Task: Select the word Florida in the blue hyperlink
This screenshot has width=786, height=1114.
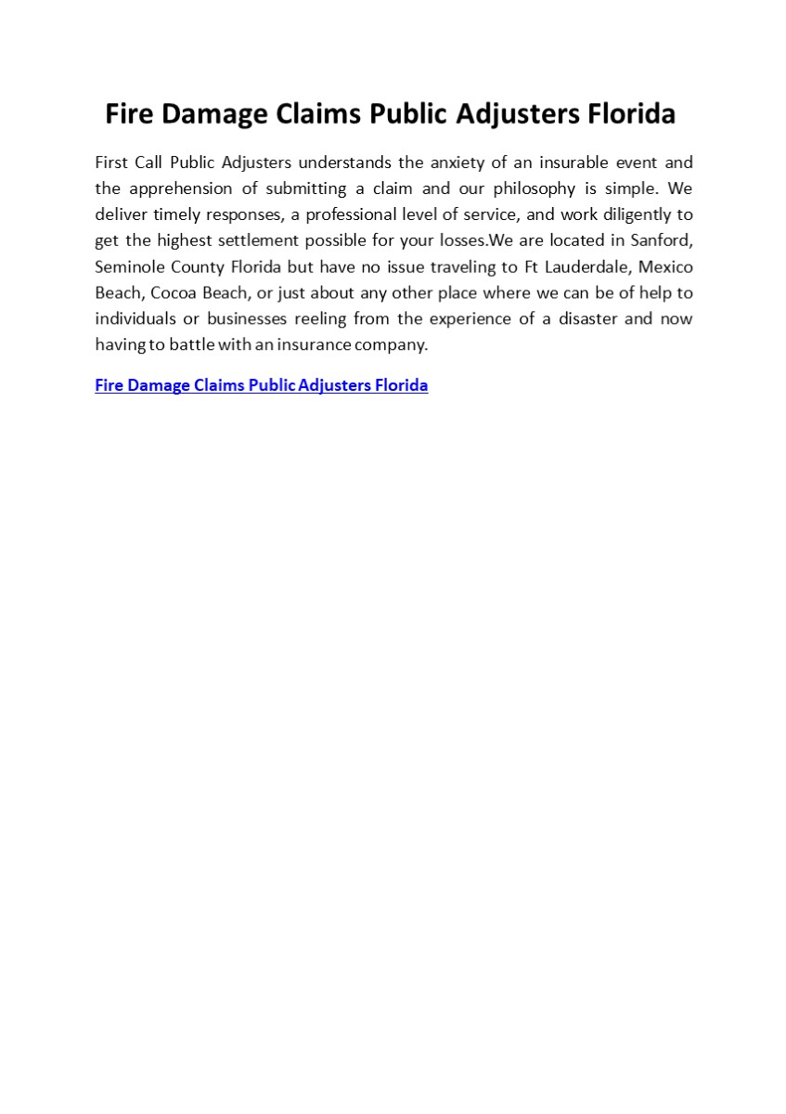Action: click(x=401, y=385)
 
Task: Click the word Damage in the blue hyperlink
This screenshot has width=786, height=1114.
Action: click(x=160, y=385)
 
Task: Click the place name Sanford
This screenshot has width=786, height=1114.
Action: click(x=660, y=240)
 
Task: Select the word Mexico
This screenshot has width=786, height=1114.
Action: click(x=665, y=266)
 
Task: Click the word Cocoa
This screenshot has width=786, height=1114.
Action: click(x=173, y=292)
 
